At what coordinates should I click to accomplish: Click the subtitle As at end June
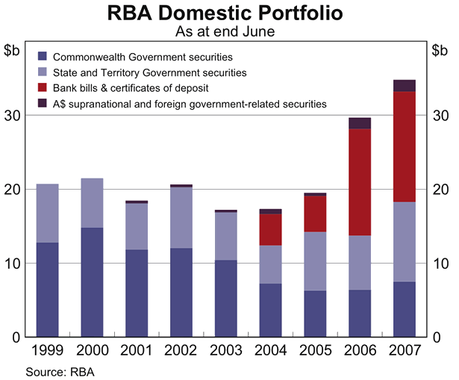(x=229, y=31)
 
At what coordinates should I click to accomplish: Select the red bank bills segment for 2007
(x=404, y=146)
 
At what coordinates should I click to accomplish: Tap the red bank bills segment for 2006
(x=360, y=182)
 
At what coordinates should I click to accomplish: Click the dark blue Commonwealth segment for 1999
(x=47, y=290)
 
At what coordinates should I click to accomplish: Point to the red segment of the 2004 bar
(x=270, y=230)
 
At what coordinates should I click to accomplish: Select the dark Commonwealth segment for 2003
(x=225, y=299)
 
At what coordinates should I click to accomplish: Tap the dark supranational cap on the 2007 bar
(x=404, y=85)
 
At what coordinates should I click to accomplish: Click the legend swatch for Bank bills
(x=43, y=88)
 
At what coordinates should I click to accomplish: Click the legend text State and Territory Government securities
(x=150, y=72)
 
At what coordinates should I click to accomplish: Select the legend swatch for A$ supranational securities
(x=43, y=104)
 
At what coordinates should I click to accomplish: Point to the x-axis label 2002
(x=181, y=350)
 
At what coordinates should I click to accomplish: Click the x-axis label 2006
(x=360, y=350)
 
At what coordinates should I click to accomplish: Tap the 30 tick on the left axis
(x=14, y=116)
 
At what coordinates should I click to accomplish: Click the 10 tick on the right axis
(x=440, y=264)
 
